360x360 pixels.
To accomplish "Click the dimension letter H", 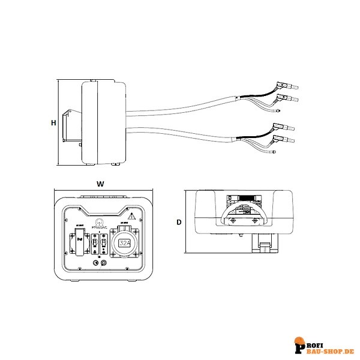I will click(53, 123).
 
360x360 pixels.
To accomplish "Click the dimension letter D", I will click(179, 222).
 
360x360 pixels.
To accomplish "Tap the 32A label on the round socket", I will click(125, 243).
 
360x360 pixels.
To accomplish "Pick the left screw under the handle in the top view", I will click(232, 223).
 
